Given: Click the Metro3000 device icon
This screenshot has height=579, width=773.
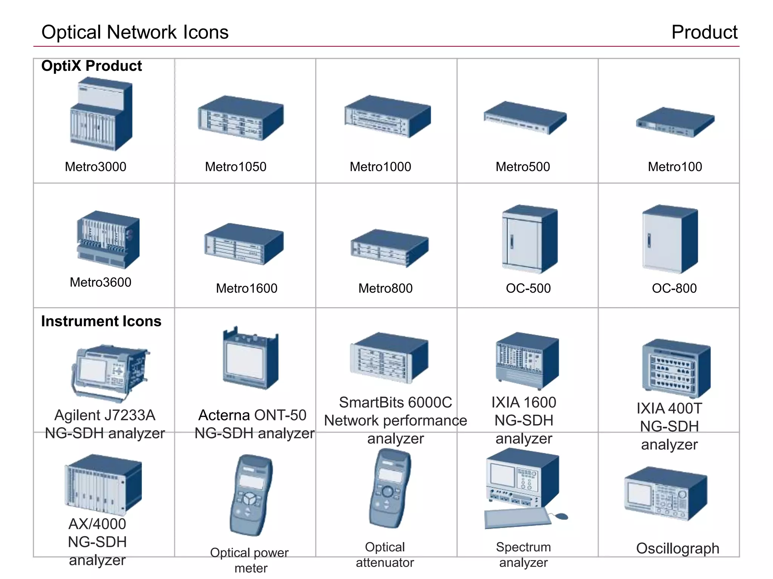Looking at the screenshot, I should point(101,114).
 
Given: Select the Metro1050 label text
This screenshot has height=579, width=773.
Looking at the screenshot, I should point(236,167).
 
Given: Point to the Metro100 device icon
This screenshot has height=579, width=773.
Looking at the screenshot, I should point(675,122).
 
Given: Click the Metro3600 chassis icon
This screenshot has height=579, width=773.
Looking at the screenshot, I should point(108,240).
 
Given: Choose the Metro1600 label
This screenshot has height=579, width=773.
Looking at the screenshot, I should point(246,288).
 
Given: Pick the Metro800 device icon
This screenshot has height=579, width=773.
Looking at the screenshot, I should point(390,248).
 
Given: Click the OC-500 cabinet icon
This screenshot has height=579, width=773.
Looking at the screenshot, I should point(530,239).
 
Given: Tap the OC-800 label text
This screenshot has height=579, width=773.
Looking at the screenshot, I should point(674,288).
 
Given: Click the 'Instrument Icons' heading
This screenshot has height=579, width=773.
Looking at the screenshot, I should point(101,321).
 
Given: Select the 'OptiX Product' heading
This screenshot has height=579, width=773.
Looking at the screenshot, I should point(92,66).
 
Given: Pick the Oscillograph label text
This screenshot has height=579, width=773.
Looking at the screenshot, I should point(678,548).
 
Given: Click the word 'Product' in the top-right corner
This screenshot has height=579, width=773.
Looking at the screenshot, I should point(704,32).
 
